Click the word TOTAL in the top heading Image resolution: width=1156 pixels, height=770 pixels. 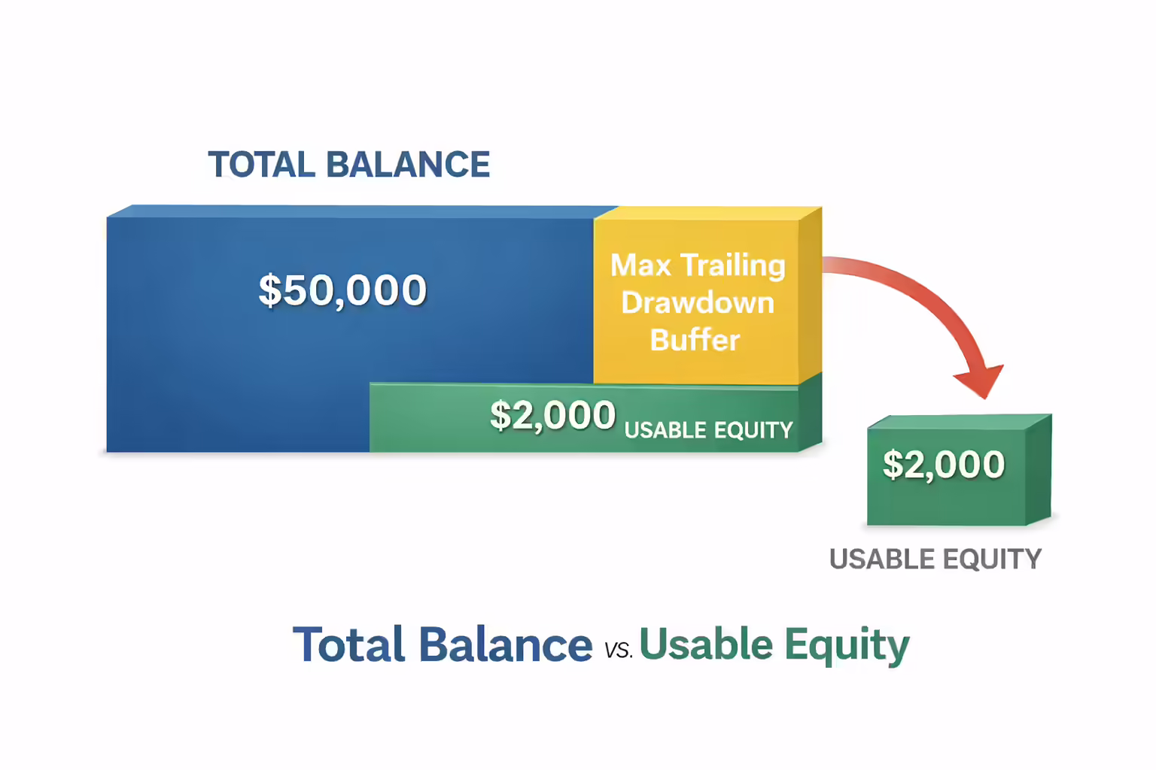pyautogui.click(x=261, y=165)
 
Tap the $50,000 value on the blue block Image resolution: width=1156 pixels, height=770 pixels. pyautogui.click(x=342, y=290)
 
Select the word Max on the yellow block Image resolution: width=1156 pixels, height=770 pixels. pyautogui.click(x=640, y=265)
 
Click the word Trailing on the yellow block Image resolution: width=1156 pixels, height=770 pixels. pyautogui.click(x=733, y=266)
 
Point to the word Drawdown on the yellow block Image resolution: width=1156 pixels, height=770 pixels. pyautogui.click(x=698, y=303)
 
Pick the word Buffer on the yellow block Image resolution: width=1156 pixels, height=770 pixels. pyautogui.click(x=695, y=340)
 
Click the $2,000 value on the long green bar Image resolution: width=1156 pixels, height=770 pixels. pyautogui.click(x=552, y=416)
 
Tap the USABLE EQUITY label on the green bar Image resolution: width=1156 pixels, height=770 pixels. pyautogui.click(x=708, y=430)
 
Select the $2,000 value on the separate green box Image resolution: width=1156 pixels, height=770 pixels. pyautogui.click(x=944, y=465)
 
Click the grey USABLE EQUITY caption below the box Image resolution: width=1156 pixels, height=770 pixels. pyautogui.click(x=935, y=559)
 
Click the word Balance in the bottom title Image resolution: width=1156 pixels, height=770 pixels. pyautogui.click(x=506, y=645)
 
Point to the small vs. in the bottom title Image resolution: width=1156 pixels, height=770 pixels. pyautogui.click(x=618, y=650)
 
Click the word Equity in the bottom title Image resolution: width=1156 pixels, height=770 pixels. pyautogui.click(x=847, y=646)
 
